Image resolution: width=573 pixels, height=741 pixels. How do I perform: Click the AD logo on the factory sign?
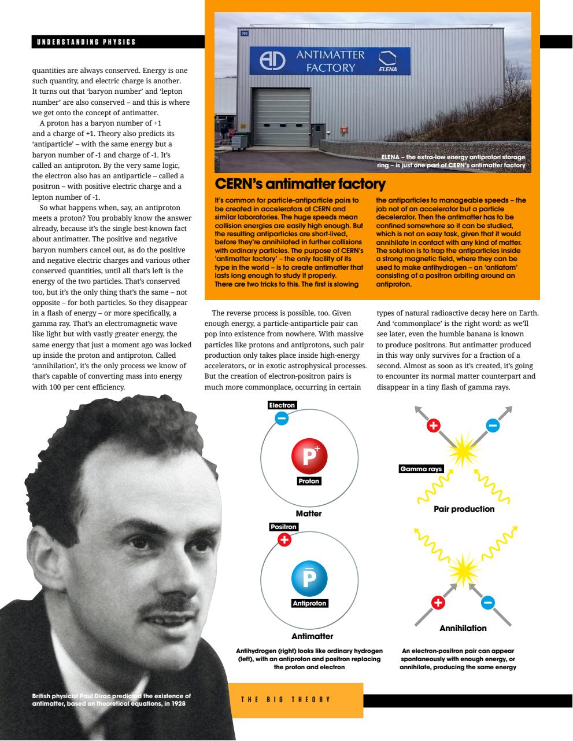[x=272, y=62]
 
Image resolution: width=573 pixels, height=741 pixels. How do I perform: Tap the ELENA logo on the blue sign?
[x=387, y=62]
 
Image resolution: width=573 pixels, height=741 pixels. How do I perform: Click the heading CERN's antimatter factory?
[x=300, y=184]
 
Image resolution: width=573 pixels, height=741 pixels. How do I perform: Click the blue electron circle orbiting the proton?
[x=282, y=418]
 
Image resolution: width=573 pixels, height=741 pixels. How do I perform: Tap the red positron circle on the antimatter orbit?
[x=284, y=540]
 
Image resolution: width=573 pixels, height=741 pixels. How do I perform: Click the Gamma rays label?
[x=421, y=469]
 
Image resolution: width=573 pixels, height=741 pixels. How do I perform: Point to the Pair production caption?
[x=464, y=509]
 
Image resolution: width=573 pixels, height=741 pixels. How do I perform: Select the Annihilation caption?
[x=463, y=628]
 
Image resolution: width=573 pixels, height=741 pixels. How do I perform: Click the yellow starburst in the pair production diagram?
[x=461, y=450]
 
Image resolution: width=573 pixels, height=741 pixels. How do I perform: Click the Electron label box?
[x=282, y=405]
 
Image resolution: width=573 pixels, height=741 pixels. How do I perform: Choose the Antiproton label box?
[x=309, y=603]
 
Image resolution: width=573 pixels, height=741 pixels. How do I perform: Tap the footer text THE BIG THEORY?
[x=286, y=699]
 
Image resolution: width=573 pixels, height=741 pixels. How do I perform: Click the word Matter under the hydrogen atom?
[x=308, y=513]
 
